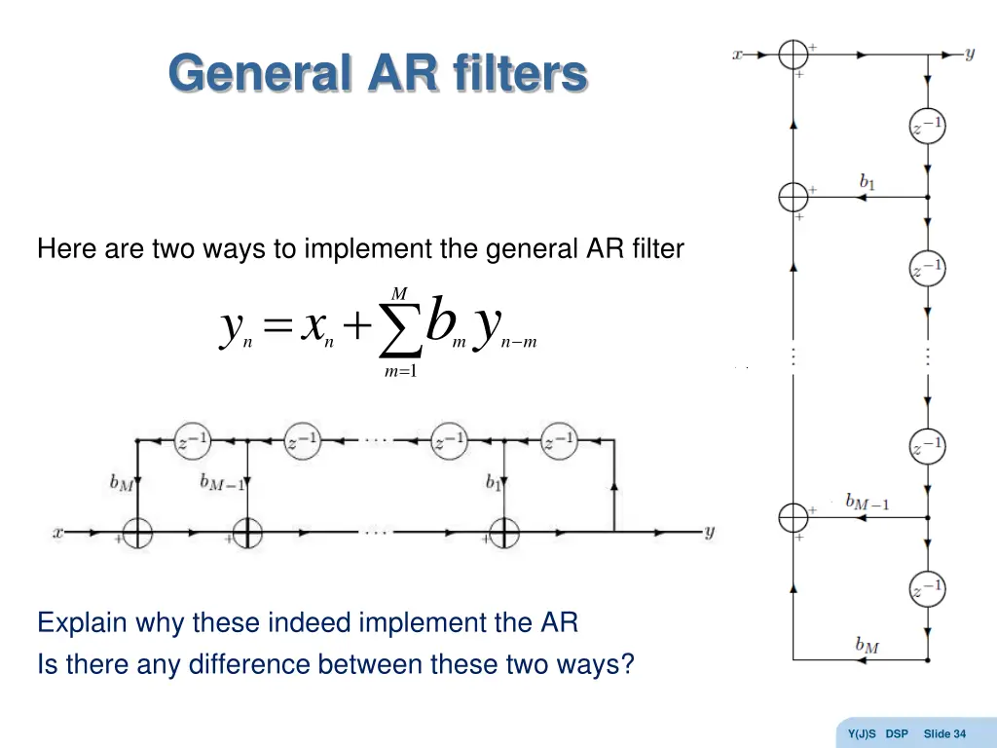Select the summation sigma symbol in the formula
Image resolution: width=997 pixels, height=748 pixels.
400,329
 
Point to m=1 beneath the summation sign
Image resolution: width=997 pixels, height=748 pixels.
400,372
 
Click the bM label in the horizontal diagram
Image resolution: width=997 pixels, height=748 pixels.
122,482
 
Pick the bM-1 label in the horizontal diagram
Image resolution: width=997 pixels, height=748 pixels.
223,482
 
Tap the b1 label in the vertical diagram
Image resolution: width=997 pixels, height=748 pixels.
868,181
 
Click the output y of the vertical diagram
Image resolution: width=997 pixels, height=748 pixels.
970,54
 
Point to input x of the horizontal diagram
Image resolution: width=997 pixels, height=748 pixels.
58,533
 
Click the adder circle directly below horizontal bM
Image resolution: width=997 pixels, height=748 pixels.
138,533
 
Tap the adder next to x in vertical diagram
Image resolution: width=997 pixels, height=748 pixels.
794,55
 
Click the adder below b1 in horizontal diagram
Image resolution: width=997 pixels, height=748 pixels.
504,533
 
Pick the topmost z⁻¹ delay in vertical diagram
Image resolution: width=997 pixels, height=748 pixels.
927,125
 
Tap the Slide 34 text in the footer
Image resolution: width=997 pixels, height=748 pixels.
944,733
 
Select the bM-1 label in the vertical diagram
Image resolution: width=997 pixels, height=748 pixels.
868,503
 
